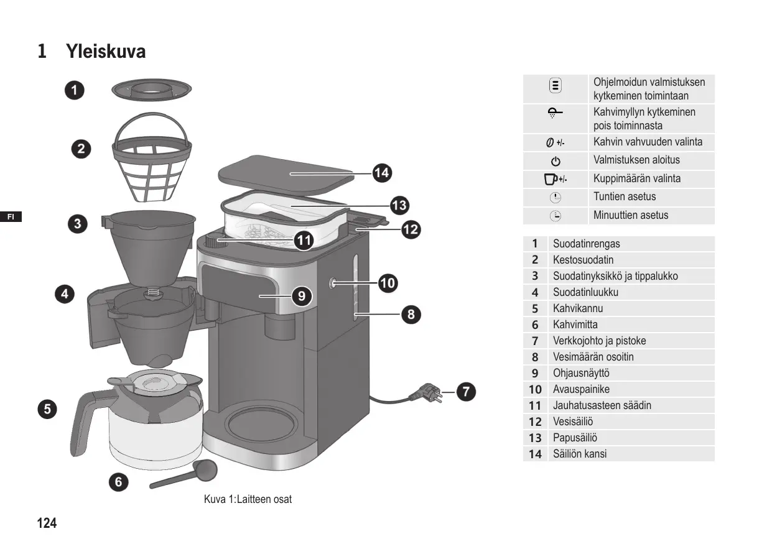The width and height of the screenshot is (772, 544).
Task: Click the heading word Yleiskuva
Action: [x=106, y=52]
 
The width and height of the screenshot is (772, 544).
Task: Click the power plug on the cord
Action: [x=426, y=393]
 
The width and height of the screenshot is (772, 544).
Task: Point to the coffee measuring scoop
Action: [x=187, y=475]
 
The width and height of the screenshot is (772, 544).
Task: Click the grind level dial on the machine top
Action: [x=216, y=241]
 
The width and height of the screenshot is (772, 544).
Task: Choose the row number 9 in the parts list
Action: [x=535, y=373]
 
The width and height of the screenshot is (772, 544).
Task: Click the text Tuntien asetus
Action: [x=624, y=196]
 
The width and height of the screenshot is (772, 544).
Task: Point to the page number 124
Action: [x=47, y=523]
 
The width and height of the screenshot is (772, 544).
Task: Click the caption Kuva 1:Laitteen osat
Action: [x=248, y=499]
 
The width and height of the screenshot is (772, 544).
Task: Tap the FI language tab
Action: [x=11, y=216]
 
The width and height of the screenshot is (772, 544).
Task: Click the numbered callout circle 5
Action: [x=47, y=408]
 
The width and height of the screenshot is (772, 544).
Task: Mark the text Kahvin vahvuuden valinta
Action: [x=648, y=142]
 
